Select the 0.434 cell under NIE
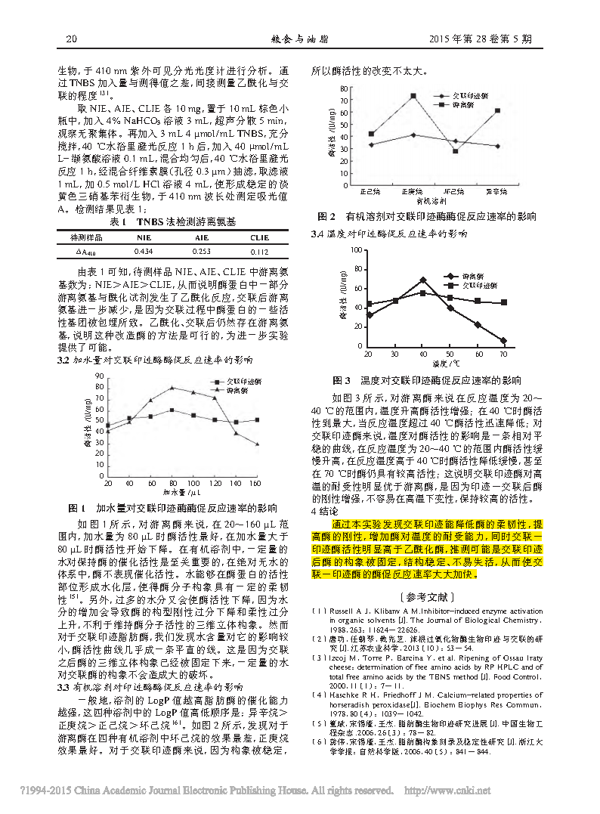(144, 251)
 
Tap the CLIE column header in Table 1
(259, 237)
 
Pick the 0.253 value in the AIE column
(202, 251)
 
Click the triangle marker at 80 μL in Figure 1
(172, 388)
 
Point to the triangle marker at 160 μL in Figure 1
(258, 444)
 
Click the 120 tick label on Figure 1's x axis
(215, 483)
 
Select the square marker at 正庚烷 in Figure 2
(413, 96)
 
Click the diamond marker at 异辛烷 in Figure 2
(497, 146)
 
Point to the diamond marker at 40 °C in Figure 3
(422, 280)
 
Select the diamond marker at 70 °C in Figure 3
(504, 341)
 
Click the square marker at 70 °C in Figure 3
(504, 302)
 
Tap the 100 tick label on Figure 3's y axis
(356, 249)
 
